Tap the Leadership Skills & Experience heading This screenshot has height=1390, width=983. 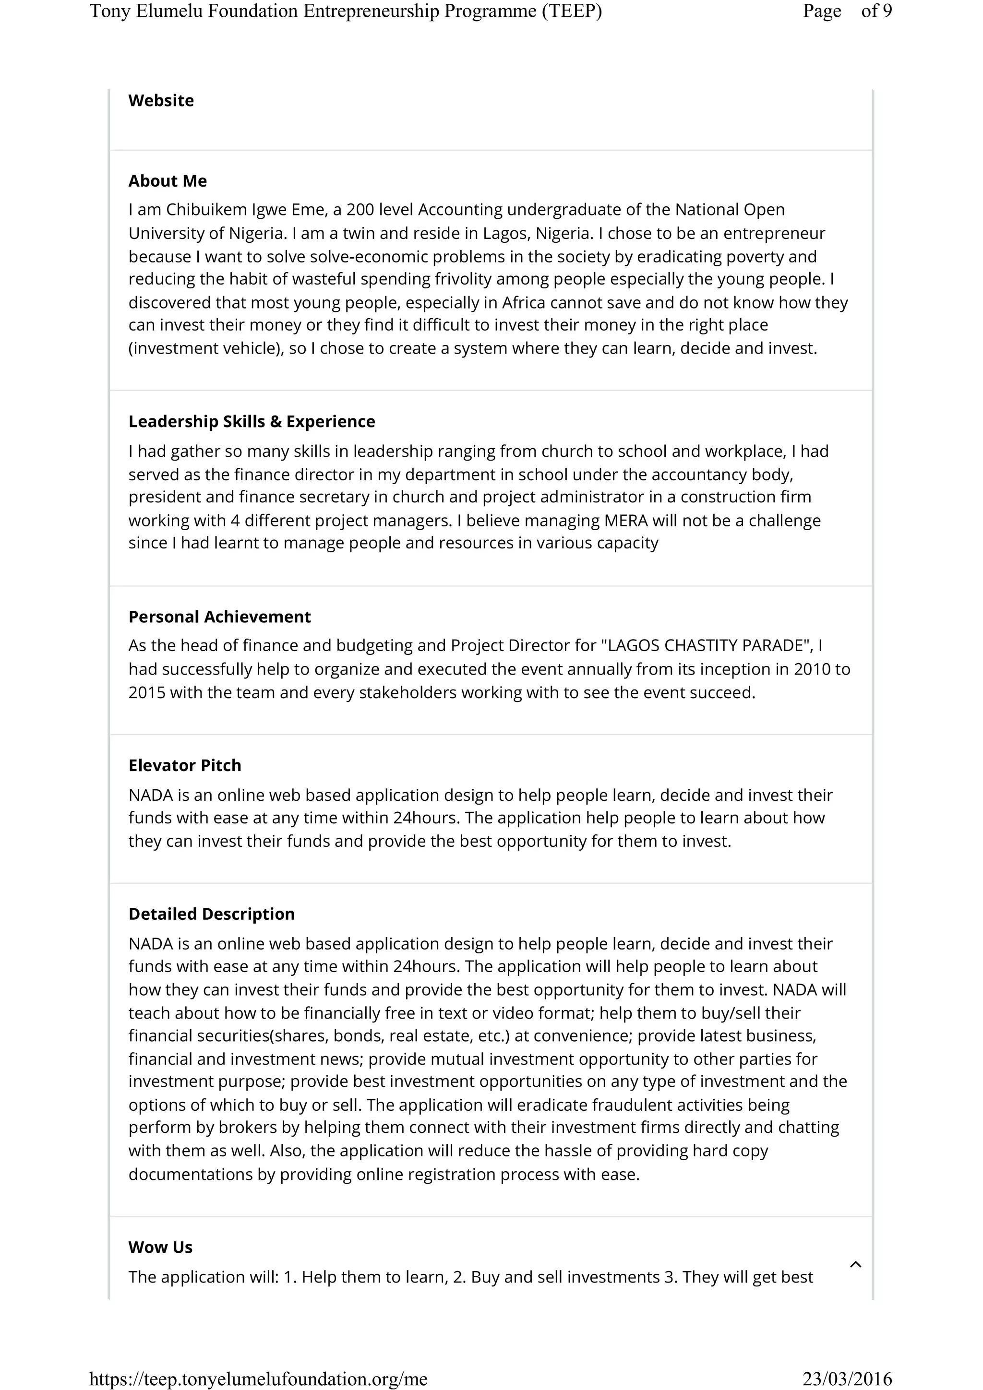[x=252, y=421]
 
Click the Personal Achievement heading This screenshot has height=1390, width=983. [x=219, y=617]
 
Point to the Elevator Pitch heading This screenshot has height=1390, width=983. [x=185, y=765]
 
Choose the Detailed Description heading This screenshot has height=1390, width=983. [x=211, y=914]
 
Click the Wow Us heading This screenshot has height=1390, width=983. [x=160, y=1247]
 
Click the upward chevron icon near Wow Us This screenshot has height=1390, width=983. [x=855, y=1264]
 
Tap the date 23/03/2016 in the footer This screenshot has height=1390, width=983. [x=847, y=1378]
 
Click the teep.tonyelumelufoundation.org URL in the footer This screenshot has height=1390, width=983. [x=258, y=1378]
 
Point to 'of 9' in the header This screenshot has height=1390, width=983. [x=876, y=11]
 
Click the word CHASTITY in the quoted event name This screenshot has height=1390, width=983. [x=702, y=646]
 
